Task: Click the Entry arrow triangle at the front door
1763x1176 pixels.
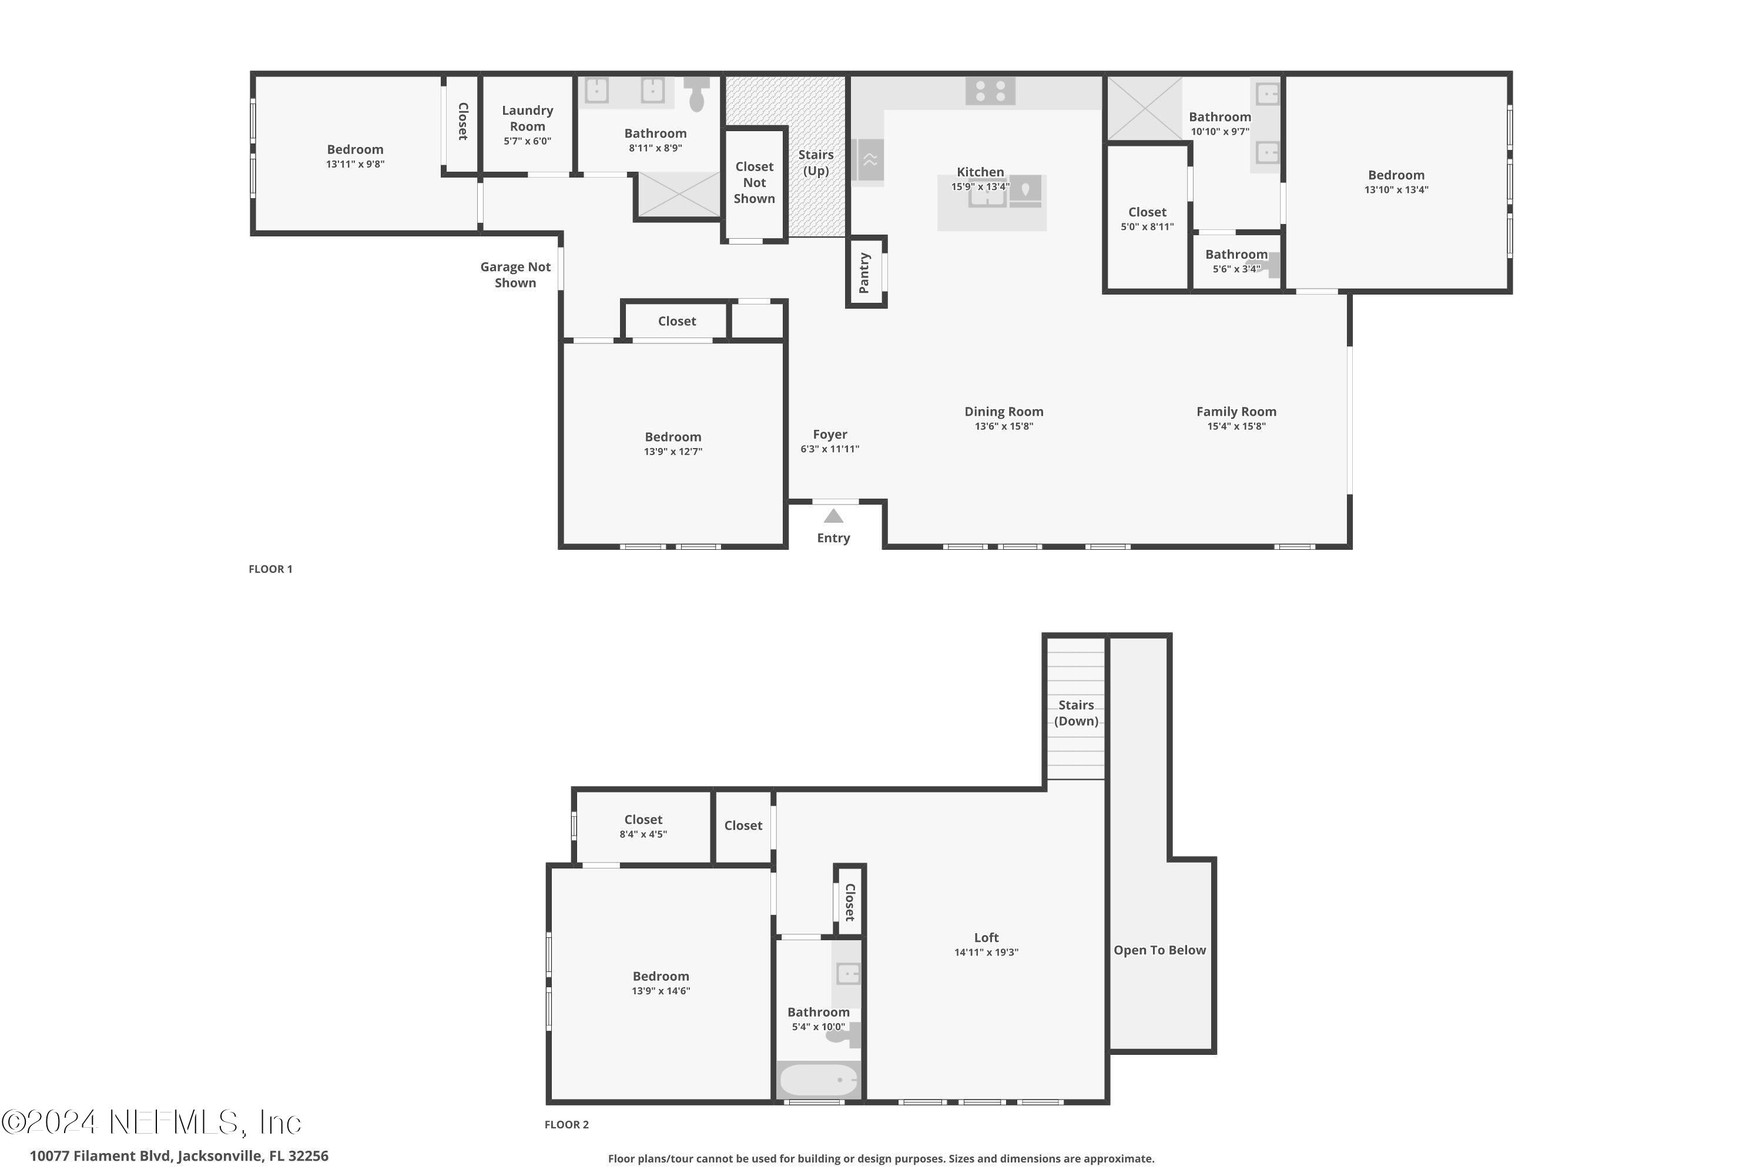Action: click(833, 516)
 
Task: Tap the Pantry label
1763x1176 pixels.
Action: click(864, 273)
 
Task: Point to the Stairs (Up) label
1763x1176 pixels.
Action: click(816, 163)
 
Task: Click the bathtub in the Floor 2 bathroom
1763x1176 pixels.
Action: click(818, 1080)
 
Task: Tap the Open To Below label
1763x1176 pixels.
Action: click(1159, 950)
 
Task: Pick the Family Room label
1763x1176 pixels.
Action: click(1236, 411)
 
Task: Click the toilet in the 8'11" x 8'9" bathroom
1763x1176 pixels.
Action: click(697, 93)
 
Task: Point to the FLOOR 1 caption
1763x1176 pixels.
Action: click(270, 569)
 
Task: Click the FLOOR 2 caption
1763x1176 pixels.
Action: click(567, 1124)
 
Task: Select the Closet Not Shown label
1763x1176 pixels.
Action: click(754, 182)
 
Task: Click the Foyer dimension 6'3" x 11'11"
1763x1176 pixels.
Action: click(830, 449)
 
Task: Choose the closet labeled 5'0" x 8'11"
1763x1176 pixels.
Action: click(1147, 218)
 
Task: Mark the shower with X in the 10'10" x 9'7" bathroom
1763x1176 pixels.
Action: click(1144, 109)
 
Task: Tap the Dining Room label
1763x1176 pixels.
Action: click(1004, 411)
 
